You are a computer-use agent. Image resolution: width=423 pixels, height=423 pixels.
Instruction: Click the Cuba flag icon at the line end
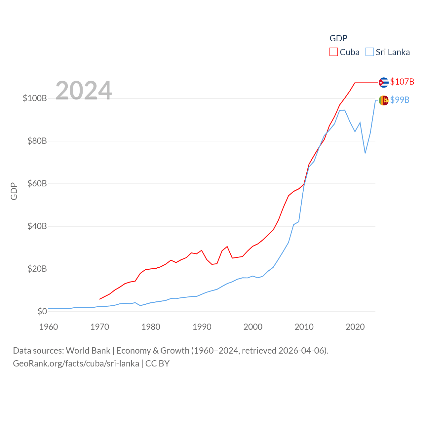pyautogui.click(x=383, y=82)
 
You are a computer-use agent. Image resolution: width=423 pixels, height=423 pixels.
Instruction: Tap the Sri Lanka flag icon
pyautogui.click(x=383, y=100)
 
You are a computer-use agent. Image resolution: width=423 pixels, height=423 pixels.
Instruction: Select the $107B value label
pyautogui.click(x=402, y=82)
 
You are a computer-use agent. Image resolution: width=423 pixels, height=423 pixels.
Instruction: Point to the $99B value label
pyautogui.click(x=400, y=100)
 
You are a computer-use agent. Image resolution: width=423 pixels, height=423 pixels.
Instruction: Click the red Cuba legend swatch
pyautogui.click(x=334, y=52)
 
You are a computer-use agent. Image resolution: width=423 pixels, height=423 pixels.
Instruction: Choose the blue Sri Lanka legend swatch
pyautogui.click(x=370, y=52)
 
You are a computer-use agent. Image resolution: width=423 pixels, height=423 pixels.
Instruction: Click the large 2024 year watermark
pyautogui.click(x=84, y=91)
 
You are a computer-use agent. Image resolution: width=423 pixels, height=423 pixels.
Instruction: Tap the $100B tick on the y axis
pyautogui.click(x=35, y=98)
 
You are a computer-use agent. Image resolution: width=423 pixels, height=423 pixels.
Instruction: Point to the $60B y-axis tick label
pyautogui.click(x=37, y=183)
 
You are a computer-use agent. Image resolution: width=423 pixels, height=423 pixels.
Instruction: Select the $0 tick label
pyautogui.click(x=42, y=311)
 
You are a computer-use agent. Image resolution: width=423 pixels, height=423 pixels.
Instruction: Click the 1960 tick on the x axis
pyautogui.click(x=49, y=327)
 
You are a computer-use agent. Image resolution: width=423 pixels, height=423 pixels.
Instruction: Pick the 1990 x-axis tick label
pyautogui.click(x=202, y=327)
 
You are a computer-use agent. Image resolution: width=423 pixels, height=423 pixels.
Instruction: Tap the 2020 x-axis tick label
pyautogui.click(x=355, y=327)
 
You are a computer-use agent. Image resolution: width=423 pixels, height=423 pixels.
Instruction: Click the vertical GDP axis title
pyautogui.click(x=14, y=191)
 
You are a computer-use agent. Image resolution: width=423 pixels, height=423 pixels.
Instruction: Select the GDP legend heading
pyautogui.click(x=338, y=38)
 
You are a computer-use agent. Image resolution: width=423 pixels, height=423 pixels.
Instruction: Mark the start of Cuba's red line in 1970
pyautogui.click(x=100, y=299)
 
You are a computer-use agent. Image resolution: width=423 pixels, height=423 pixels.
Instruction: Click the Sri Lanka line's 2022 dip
pyautogui.click(x=365, y=153)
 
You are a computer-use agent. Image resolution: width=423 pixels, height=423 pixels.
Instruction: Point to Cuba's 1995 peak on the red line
pyautogui.click(x=227, y=247)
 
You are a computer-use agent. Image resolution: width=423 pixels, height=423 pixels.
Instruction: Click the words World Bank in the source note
pyautogui.click(x=88, y=350)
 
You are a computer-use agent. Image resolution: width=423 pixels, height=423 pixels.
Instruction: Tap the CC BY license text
pyautogui.click(x=157, y=364)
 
